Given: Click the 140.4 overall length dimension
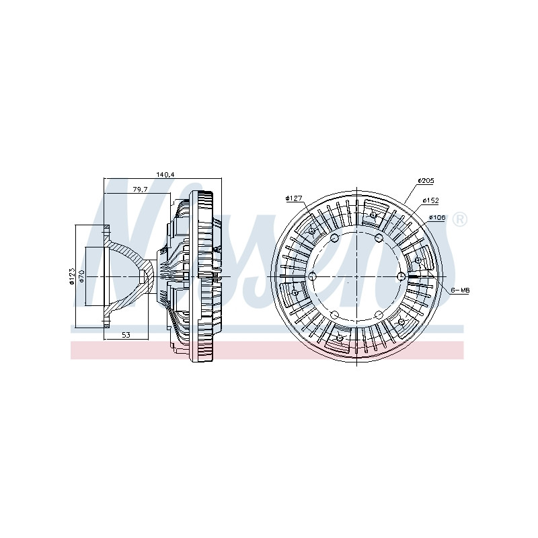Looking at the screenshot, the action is pos(165,175).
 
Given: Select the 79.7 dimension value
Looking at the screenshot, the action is pos(140,189).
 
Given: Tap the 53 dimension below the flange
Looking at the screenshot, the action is pos(126,334).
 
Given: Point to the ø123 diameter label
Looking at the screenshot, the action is pos(72,276).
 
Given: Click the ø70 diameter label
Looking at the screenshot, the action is pos(81,276).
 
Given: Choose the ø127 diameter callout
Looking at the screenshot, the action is pos(294,198).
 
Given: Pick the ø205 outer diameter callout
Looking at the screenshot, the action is pos(426,180).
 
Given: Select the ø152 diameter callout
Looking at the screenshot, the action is pos(430,200).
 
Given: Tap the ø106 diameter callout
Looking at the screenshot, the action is pos(437,217).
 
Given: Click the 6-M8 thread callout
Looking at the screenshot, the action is pos(460,291).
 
